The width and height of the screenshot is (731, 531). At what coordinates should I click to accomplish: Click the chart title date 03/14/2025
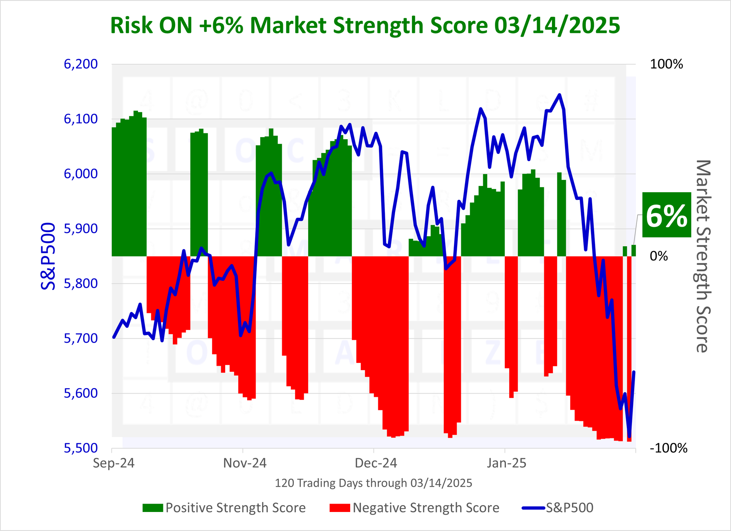point(557,26)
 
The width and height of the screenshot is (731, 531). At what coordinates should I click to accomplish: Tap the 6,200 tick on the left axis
point(81,64)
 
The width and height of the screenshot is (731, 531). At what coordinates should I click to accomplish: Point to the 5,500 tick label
point(81,448)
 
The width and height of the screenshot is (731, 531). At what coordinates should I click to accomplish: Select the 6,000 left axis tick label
point(81,174)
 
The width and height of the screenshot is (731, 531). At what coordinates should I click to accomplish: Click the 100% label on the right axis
point(666,65)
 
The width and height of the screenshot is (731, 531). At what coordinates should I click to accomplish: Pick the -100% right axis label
point(668,448)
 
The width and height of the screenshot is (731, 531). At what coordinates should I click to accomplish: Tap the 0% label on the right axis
point(659,256)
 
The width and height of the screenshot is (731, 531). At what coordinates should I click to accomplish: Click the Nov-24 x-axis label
point(245,463)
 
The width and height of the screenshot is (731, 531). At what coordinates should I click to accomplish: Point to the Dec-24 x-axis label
point(376,463)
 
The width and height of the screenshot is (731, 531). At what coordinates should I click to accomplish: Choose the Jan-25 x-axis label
point(507,463)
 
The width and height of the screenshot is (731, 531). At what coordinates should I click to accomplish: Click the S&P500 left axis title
point(48,256)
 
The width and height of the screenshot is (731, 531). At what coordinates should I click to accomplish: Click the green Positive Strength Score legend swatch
point(152,508)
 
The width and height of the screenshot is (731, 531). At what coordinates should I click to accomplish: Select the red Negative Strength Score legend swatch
point(340,508)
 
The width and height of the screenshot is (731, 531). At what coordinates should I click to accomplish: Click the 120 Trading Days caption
point(373,483)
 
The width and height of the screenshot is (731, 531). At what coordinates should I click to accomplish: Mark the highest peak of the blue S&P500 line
point(559,95)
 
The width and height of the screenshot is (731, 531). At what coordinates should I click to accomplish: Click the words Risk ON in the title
point(151,26)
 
